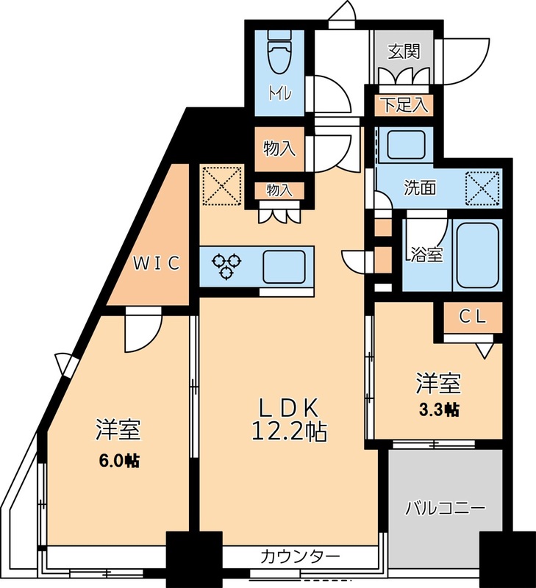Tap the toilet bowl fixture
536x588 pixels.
click(279, 51)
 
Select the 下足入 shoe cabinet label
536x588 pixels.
click(404, 104)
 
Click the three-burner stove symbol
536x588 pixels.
click(227, 265)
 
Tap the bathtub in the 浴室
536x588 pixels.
click(478, 254)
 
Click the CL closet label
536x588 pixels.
click(473, 317)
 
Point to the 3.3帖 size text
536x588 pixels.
click(440, 409)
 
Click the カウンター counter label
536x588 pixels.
click(300, 556)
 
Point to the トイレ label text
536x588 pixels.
click(279, 93)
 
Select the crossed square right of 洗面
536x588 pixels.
click(484, 187)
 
